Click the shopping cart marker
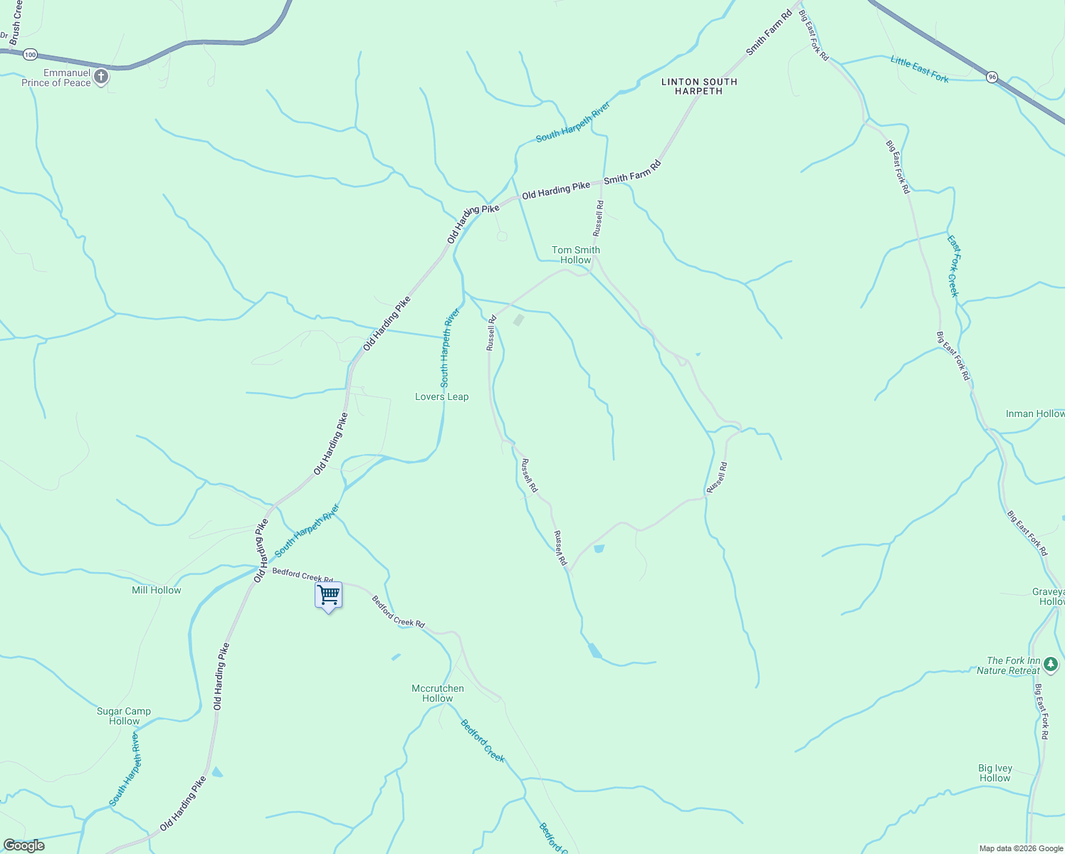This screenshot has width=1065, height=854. pos(328,595)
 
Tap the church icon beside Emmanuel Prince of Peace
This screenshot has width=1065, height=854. pos(101,76)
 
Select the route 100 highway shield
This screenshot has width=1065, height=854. pos(30,54)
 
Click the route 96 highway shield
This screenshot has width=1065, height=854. pos(992,76)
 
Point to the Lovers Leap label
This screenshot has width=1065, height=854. pos(441,397)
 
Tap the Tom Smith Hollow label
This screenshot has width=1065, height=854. pos(576,255)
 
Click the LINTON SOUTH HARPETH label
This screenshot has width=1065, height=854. pos(699,86)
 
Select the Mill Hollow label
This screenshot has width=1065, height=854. pos(157,590)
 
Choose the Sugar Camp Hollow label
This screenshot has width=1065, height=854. pos(124,716)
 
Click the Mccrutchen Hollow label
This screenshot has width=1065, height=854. pos(438,693)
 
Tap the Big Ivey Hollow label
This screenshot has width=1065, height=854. pos(995,773)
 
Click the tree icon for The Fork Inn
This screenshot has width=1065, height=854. pos(1051,665)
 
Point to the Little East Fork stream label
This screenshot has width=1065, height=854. pos(920,69)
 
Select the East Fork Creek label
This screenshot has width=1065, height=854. pos(953,266)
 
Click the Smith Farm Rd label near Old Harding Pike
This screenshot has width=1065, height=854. pos(632,173)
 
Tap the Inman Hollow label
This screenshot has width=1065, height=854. pos(1035,413)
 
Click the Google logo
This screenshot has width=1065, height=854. pos(23,845)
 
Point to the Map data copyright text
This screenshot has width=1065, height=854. pos(1021,848)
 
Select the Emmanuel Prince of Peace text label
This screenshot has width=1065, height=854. pos(56,78)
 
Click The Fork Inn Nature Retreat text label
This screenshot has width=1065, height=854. pos(1009,665)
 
